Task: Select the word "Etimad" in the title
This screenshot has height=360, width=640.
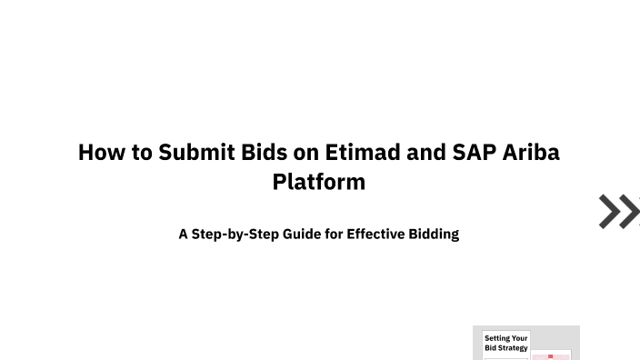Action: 363,152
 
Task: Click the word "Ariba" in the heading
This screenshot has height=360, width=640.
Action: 530,152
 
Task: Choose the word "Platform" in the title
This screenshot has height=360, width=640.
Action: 319,182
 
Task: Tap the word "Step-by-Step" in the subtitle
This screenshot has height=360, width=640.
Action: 235,234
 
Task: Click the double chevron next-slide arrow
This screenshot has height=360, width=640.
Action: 619,211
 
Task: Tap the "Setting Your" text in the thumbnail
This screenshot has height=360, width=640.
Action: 505,338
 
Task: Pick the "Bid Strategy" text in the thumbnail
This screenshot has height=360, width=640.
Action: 505,348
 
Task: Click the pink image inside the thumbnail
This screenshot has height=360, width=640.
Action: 551,355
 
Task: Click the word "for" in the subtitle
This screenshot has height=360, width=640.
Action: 335,234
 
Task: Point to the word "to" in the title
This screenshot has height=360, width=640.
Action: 143,152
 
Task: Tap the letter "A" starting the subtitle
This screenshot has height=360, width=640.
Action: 183,234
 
